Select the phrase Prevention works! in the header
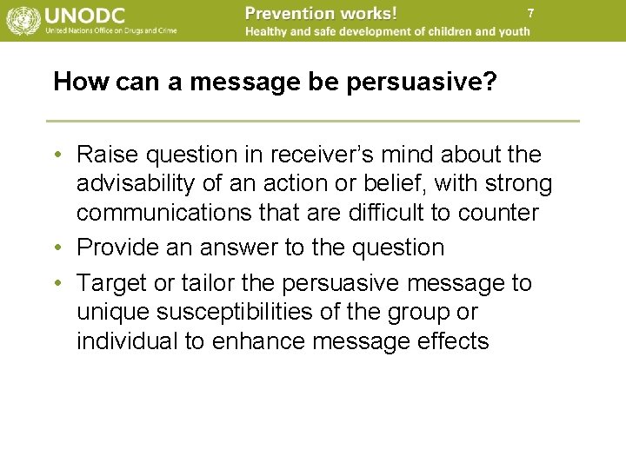tap(321, 13)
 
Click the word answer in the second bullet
tap(238, 248)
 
